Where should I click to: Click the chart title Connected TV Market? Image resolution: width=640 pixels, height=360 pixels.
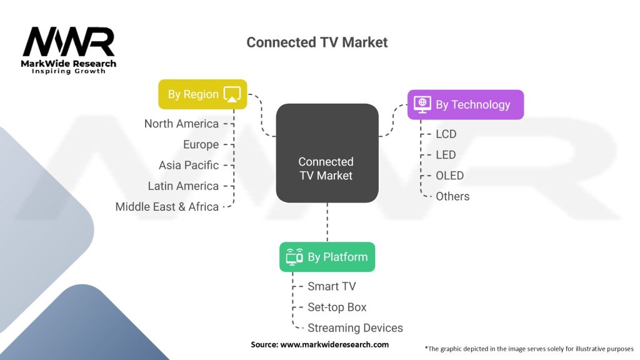coord(317,42)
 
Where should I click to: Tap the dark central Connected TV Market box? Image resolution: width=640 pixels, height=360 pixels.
coord(327,153)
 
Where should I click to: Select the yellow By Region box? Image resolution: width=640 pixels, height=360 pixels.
coord(202,94)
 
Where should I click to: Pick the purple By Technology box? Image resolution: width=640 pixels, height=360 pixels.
coord(465,104)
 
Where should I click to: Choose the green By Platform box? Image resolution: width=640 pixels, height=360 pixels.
coord(327,257)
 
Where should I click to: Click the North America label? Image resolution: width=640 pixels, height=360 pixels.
coord(181,124)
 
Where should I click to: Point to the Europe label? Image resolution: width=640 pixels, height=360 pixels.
coord(201,144)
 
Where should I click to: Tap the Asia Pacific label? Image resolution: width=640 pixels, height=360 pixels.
coord(189,165)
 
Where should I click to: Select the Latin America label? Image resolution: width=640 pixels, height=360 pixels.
coord(183,186)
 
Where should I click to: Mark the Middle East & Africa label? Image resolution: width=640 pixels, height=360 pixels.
coord(167,206)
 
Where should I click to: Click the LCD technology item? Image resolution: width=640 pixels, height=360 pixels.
coord(446,134)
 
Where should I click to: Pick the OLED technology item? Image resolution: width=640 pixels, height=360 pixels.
coord(450,176)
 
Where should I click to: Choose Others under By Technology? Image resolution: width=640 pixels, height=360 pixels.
coord(452,196)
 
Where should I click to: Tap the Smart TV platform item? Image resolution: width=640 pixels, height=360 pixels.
coord(332,286)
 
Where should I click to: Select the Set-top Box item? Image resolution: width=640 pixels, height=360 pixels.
coord(337,307)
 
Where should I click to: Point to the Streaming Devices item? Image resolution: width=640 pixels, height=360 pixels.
coord(355,327)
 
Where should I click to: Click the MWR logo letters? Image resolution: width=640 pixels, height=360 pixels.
coord(69,42)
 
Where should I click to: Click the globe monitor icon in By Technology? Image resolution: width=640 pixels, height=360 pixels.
coord(422,104)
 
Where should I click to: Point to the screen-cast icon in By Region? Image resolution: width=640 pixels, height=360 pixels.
coord(232,94)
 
